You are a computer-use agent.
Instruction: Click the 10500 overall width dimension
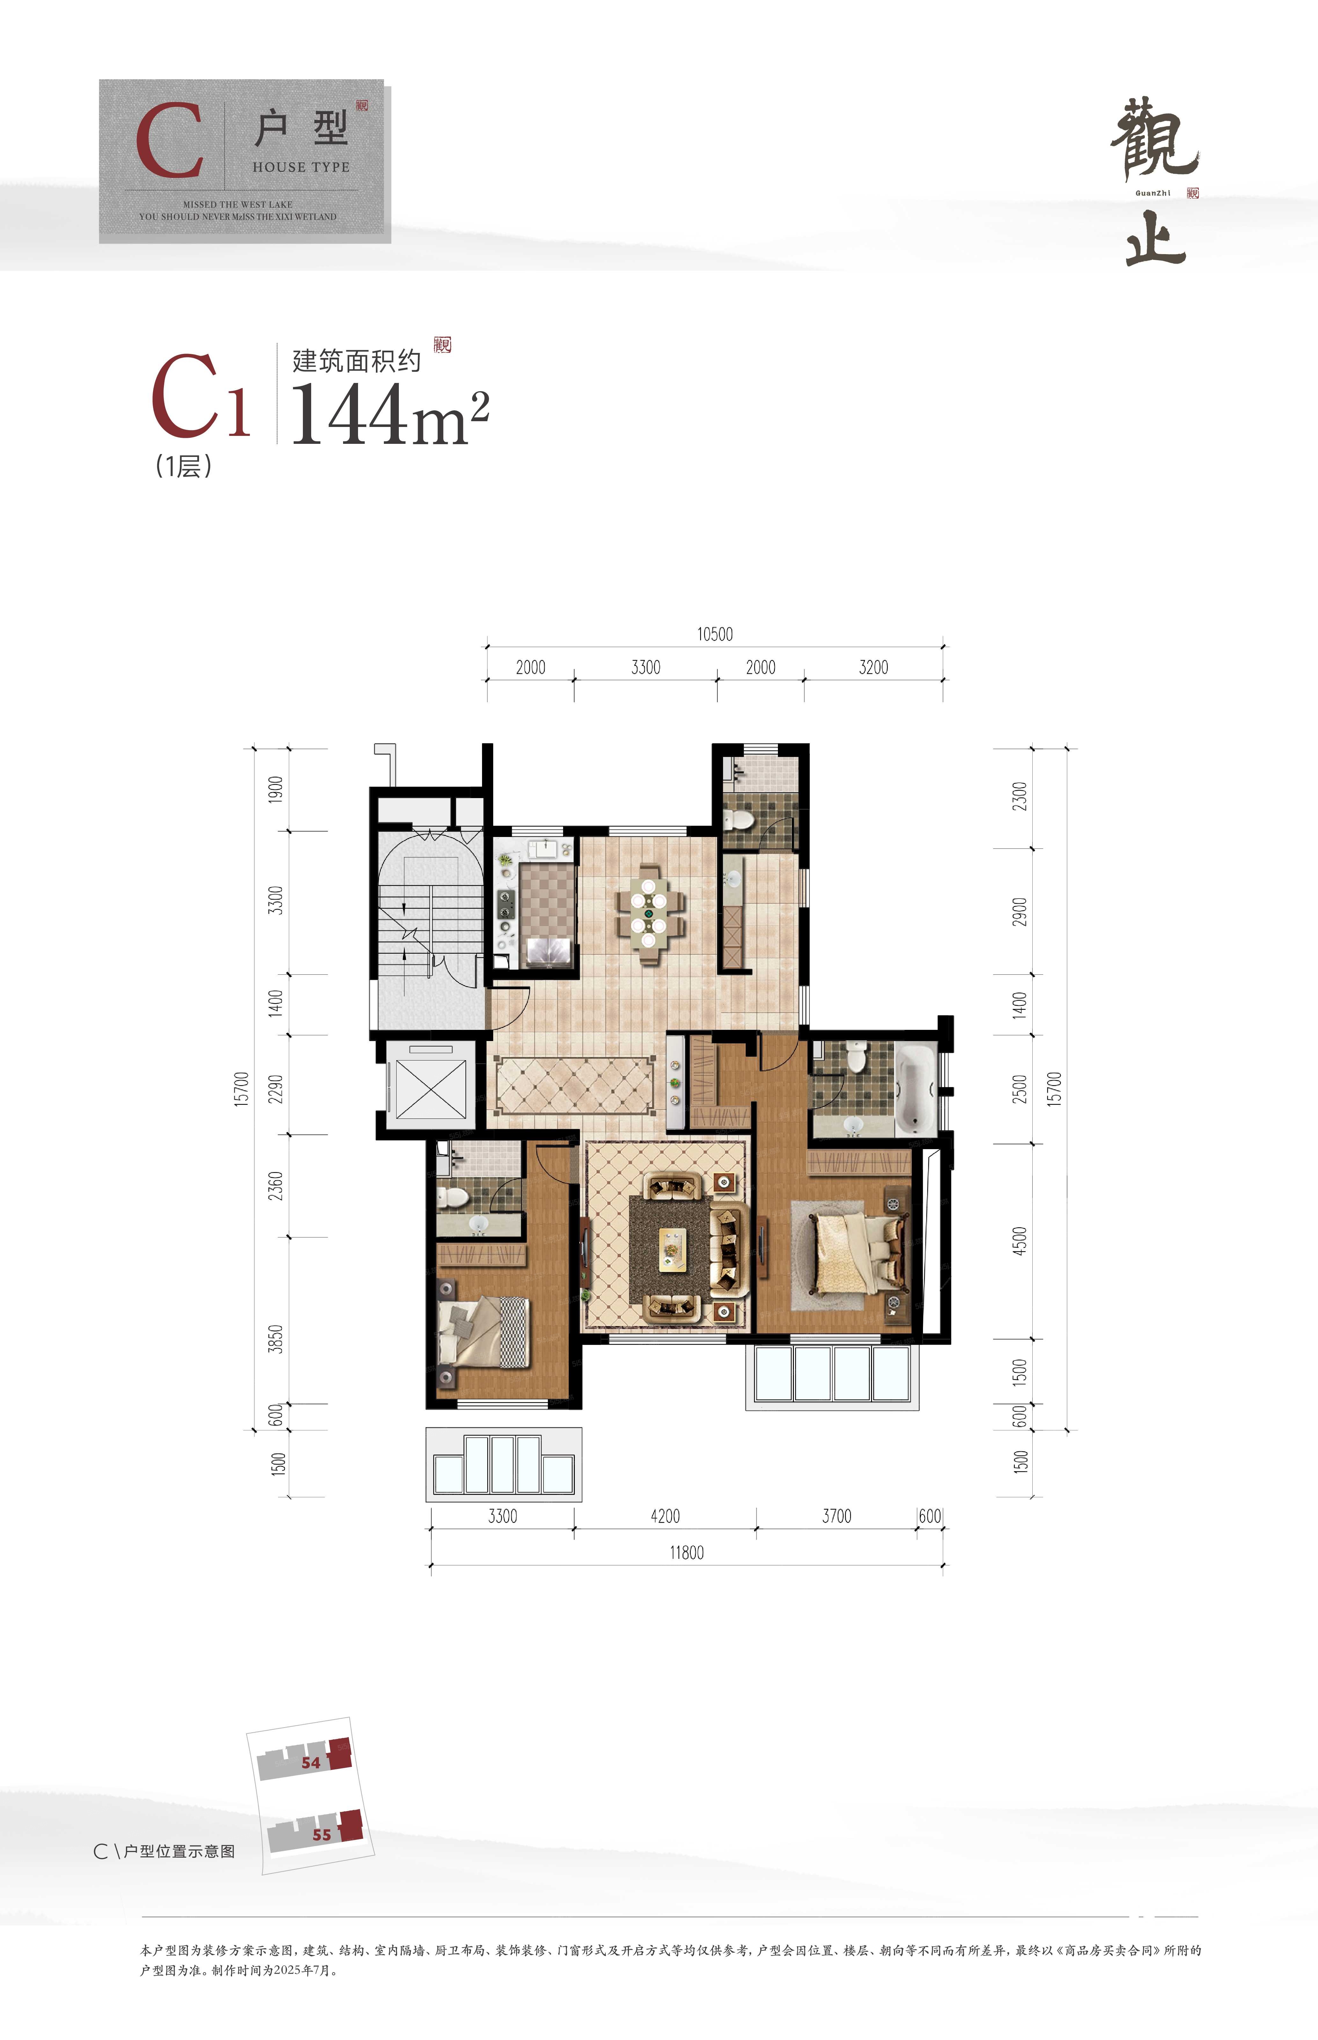coord(714,634)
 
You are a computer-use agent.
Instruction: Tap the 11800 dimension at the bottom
coord(686,1552)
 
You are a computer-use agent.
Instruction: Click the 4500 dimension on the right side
coord(1019,1241)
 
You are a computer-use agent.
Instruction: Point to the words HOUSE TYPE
coord(301,167)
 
